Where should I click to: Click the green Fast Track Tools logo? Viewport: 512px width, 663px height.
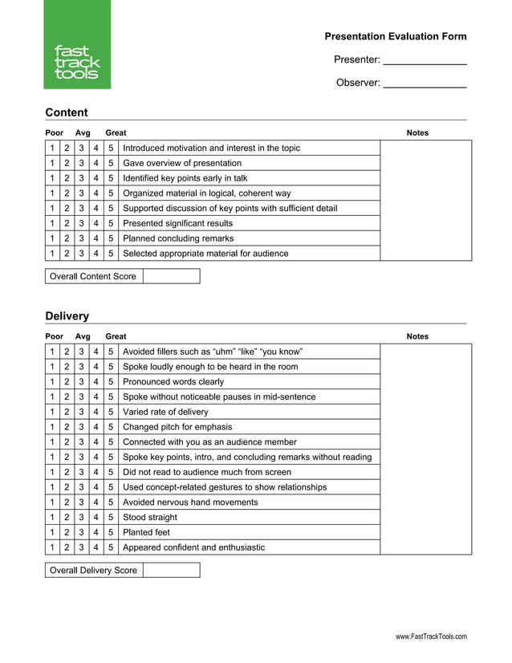pos(77,46)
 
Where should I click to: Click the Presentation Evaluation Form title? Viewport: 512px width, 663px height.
pos(395,36)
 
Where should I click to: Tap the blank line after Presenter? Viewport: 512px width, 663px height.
pos(425,60)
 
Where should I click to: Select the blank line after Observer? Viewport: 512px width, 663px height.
pos(425,83)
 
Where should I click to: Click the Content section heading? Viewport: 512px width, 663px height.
pos(67,112)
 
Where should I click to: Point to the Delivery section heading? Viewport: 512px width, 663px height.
pos(67,316)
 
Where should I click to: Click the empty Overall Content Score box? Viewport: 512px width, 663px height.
pos(171,276)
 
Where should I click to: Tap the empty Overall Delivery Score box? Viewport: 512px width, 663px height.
pos(171,570)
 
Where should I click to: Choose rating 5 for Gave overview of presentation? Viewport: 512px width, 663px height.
pos(111,163)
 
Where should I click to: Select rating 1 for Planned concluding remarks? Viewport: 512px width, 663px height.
pos(52,238)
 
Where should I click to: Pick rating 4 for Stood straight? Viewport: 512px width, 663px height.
pos(96,517)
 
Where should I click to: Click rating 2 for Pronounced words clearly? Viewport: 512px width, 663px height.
pos(67,382)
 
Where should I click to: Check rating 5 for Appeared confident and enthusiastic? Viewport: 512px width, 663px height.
pos(111,547)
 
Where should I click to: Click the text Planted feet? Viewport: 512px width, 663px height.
pos(146,532)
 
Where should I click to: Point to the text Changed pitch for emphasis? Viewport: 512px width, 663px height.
pos(177,427)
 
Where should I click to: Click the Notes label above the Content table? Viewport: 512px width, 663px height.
pos(417,133)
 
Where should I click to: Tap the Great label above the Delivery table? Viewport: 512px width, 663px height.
pos(116,336)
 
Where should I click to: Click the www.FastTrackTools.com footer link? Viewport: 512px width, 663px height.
pos(430,637)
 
